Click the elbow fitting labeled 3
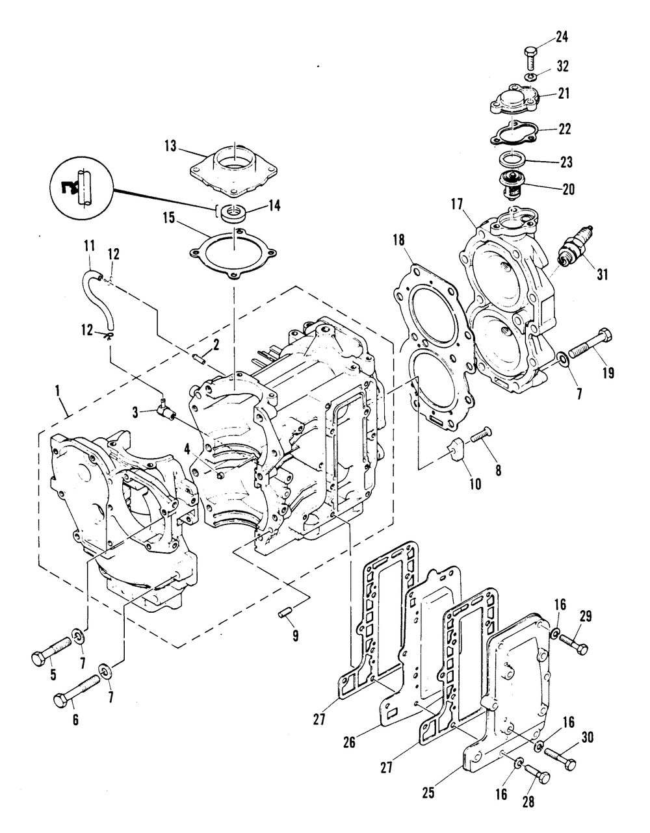click(x=166, y=411)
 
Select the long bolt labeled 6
click(x=76, y=690)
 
